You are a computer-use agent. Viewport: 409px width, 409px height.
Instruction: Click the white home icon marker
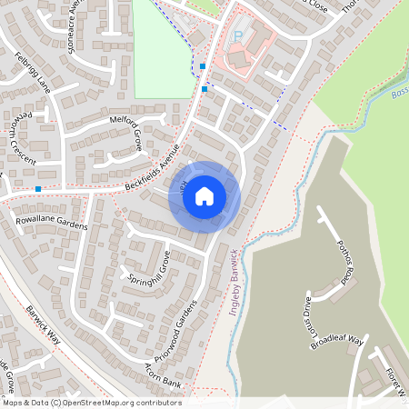point(204,195)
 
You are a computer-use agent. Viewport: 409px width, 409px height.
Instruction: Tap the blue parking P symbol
point(239,36)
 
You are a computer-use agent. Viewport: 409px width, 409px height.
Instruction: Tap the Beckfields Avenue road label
point(145,170)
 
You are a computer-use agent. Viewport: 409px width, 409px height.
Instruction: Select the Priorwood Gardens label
point(183,329)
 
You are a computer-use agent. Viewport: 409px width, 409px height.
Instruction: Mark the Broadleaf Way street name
point(336,344)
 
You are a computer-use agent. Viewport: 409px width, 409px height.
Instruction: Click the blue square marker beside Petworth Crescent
point(38,189)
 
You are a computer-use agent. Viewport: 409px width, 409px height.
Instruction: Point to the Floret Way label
point(393,382)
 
